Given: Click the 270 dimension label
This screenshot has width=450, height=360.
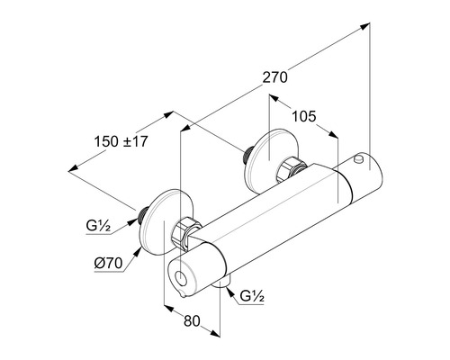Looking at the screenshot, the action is point(274,77).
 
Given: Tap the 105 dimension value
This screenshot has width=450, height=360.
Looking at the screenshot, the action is point(304,116).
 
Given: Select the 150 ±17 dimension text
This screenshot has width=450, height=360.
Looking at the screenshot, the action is point(121,141).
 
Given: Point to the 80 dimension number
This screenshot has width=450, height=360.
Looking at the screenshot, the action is point(192,321).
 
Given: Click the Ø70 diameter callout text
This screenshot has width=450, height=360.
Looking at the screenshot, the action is point(108,264).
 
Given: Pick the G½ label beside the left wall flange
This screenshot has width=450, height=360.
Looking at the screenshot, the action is point(98,226).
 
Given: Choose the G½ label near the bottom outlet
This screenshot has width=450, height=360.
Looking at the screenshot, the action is point(252,296).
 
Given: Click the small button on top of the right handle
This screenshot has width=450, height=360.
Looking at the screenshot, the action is point(358,158).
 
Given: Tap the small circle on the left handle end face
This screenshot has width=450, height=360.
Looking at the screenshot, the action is point(181,278).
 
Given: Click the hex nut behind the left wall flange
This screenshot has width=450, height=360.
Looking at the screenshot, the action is point(186,232).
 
